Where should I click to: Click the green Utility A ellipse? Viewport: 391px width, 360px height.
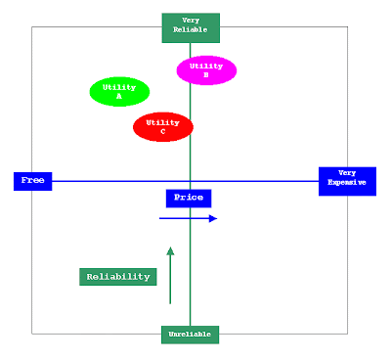tap(119, 92)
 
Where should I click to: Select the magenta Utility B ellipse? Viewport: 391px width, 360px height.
tap(206, 70)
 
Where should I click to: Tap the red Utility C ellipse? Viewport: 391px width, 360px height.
tap(163, 127)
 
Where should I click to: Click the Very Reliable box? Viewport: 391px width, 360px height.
tap(191, 28)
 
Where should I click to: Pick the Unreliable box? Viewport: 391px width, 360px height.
tap(191, 335)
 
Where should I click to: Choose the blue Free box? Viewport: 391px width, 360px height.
tap(33, 181)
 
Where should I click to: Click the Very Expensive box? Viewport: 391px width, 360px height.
tap(347, 181)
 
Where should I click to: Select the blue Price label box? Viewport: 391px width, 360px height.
tap(189, 199)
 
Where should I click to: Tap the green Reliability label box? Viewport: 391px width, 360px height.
tap(118, 277)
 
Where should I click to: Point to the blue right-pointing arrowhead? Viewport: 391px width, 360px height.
tap(213, 218)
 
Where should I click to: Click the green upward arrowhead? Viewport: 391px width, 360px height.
tap(170, 250)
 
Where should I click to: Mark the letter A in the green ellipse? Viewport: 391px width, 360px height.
tap(119, 96)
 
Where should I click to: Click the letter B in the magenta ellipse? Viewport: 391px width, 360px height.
tap(206, 75)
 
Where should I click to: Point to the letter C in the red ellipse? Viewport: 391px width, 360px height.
tap(163, 131)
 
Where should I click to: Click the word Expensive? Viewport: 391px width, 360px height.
tap(347, 182)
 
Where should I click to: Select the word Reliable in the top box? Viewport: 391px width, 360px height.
tap(191, 29)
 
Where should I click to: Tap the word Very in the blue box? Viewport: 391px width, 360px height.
tap(347, 173)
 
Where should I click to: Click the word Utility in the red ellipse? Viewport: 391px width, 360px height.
tap(163, 122)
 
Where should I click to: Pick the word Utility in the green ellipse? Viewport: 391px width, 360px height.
tap(119, 87)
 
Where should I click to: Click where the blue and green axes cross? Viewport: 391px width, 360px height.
tap(191, 181)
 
